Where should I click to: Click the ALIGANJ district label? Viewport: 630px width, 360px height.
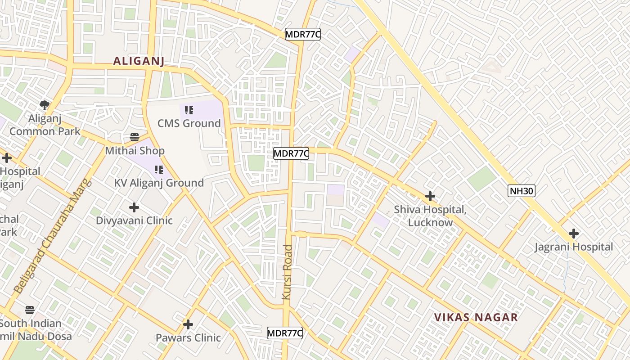(139, 61)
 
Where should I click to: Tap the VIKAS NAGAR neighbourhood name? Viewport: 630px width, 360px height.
(476, 317)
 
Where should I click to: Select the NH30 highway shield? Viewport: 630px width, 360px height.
(522, 191)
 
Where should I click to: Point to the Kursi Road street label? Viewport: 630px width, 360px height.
(287, 272)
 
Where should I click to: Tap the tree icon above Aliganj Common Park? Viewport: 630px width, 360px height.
(44, 105)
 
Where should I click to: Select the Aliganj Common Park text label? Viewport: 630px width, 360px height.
(45, 125)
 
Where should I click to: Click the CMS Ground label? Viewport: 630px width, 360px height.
(189, 123)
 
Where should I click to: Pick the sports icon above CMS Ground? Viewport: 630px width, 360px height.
(189, 110)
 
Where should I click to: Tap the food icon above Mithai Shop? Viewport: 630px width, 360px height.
(135, 137)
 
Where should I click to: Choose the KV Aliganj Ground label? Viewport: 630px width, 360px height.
(159, 183)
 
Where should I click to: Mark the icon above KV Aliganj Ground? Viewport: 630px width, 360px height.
(158, 170)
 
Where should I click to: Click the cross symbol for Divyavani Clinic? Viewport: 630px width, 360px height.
(134, 207)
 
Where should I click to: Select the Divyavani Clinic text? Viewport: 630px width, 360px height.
(134, 220)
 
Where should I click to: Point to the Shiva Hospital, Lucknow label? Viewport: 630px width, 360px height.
(430, 216)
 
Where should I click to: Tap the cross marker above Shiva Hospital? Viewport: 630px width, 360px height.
(430, 196)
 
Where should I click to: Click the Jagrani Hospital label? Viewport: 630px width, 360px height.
(573, 247)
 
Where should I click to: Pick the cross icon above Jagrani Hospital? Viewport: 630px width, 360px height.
(573, 234)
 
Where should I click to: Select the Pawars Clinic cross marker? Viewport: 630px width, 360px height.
(188, 324)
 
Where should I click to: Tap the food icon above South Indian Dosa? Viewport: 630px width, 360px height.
(30, 310)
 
